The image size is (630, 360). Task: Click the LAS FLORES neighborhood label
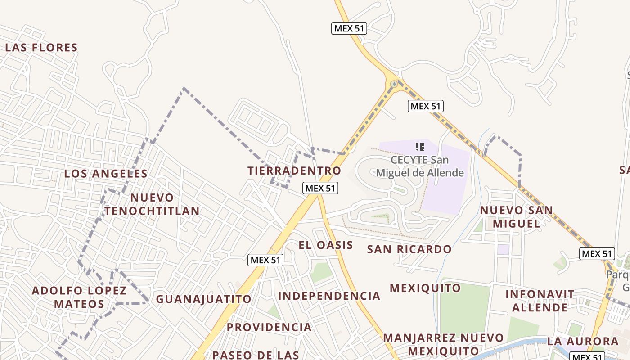pos(41,48)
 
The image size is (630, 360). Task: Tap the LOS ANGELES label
pos(106,174)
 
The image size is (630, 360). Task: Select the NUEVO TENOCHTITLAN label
pos(152,204)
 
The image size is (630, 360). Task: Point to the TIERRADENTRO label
pos(294,171)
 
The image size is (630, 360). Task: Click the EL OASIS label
pos(326,245)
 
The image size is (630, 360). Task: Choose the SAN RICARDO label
pos(409,249)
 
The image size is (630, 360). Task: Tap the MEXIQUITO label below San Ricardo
pos(425,288)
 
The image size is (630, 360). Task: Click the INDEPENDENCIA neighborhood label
pos(329,296)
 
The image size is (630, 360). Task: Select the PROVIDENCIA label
pos(269,327)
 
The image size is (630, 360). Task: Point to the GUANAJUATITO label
pos(203,299)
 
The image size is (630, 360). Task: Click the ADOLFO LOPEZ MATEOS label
pos(79,297)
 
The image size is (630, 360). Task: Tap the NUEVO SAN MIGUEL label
pos(516,217)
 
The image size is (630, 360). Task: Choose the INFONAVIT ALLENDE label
pos(540,301)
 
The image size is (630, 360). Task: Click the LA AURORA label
pos(583,341)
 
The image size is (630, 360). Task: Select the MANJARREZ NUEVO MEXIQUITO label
pos(443,344)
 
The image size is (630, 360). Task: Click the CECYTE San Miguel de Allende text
pos(420,166)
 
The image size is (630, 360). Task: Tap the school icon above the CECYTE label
pos(420,146)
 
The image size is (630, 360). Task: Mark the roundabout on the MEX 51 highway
pos(394,84)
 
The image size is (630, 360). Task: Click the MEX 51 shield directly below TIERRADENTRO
pos(320,188)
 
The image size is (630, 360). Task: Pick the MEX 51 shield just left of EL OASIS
pos(265,260)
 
